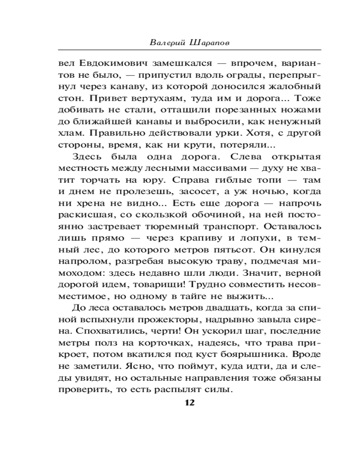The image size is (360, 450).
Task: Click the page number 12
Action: pyautogui.click(x=189, y=402)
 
